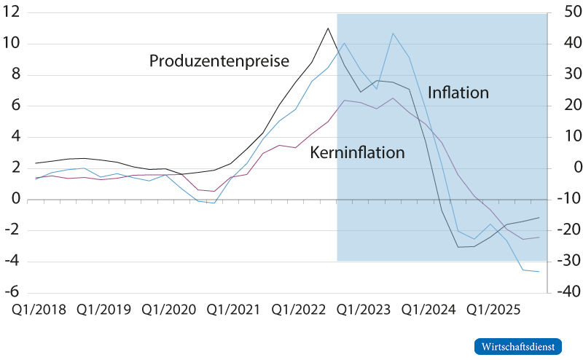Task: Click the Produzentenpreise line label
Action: (x=219, y=60)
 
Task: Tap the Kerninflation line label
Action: (x=357, y=152)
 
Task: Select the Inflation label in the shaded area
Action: (x=458, y=93)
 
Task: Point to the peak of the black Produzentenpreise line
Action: (x=328, y=28)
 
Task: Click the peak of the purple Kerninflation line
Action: (x=394, y=98)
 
